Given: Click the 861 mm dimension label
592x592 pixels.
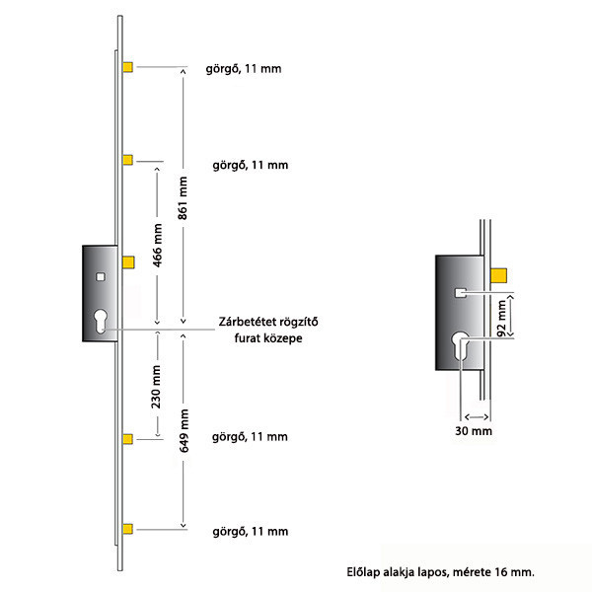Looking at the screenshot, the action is [183, 198].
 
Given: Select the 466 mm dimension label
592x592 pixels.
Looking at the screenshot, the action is [158, 246].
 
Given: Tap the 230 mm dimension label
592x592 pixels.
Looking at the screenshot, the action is [156, 387].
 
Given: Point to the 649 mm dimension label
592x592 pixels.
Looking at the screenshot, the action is [184, 430].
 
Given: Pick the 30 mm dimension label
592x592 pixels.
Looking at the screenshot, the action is [474, 431].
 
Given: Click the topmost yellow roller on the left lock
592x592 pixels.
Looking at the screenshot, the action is [128, 67].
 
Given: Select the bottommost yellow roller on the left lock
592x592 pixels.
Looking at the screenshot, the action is [128, 529].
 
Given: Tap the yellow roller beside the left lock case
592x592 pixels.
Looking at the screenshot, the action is [128, 262].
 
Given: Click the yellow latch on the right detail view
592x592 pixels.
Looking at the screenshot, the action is [498, 275].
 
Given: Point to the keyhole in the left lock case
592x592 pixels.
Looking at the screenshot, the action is [101, 321].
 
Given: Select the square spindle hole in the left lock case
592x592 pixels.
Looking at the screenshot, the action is [100, 277].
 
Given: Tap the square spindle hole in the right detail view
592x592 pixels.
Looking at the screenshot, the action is [460, 293].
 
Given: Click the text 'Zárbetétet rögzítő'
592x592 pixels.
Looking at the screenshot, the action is [268, 322].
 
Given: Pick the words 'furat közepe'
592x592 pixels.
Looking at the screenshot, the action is [268, 337].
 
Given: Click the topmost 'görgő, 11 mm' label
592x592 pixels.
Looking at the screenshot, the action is [244, 69].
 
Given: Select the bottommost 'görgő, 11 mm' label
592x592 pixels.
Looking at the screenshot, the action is [251, 531].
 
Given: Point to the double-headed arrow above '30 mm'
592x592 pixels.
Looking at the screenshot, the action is [477, 416].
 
